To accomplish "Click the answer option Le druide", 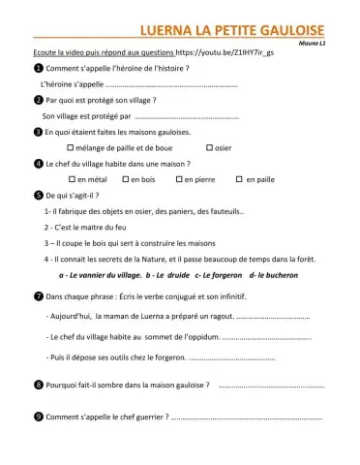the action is click(x=166, y=274).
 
